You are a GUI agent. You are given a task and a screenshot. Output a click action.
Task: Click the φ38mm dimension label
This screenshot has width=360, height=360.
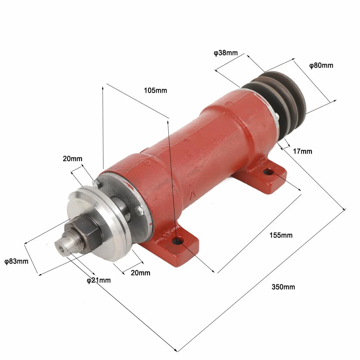click(x=226, y=53)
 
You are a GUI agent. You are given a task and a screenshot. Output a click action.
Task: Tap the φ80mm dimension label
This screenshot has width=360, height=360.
click(x=321, y=66)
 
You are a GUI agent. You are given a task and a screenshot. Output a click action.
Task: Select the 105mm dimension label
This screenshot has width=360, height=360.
click(x=156, y=91)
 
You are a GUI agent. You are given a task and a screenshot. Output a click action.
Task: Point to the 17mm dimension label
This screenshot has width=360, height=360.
click(x=302, y=152)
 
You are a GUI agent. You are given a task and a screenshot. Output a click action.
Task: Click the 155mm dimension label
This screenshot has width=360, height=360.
click(x=281, y=235)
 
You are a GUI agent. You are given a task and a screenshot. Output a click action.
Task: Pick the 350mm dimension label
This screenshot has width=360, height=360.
click(x=283, y=287)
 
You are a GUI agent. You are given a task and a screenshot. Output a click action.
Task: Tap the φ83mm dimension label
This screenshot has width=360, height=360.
click(x=16, y=261)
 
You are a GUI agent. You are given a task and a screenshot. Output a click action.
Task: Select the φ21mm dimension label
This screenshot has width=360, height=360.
click(x=99, y=280)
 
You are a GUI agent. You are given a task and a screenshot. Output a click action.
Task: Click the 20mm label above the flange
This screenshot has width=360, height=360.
click(x=73, y=159)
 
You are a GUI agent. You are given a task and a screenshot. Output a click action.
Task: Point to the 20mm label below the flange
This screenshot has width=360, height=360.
click(x=141, y=273)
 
